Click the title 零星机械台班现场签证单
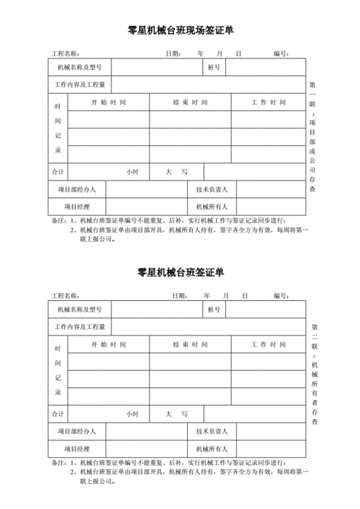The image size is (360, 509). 180,31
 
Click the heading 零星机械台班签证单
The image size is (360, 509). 180,273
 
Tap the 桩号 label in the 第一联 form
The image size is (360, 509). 214,67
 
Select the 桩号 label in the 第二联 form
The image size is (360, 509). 214,309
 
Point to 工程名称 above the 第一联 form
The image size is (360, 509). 65,53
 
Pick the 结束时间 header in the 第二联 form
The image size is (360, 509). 191,344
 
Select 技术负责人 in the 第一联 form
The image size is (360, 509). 212,189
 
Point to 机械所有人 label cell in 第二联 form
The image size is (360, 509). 212,449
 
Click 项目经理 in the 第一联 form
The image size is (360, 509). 77,207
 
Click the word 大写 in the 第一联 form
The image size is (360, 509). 176,172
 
